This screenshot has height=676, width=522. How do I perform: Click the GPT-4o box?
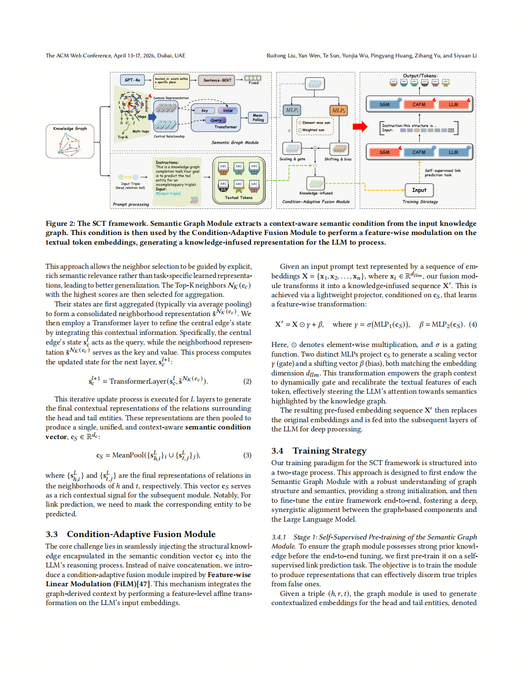(x=132, y=80)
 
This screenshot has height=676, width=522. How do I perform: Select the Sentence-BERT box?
(x=217, y=80)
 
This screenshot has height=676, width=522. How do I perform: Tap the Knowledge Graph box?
(x=70, y=141)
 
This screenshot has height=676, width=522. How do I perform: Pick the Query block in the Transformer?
(x=216, y=120)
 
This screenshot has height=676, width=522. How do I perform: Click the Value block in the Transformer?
(x=228, y=110)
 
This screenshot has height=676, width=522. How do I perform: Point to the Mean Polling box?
(x=258, y=118)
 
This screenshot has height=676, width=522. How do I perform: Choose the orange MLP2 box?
(x=338, y=110)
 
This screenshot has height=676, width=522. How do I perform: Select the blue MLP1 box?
(x=292, y=110)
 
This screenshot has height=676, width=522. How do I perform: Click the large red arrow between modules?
(x=360, y=126)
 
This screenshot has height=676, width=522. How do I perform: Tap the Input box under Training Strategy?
(x=419, y=190)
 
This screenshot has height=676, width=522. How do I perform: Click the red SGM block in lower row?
(x=384, y=152)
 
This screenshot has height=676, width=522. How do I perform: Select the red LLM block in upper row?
(x=453, y=104)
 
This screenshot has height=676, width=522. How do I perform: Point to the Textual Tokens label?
(x=239, y=197)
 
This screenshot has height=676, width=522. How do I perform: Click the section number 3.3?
(x=52, y=534)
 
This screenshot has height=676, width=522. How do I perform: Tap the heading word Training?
(x=311, y=451)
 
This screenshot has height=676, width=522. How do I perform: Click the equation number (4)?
(x=473, y=324)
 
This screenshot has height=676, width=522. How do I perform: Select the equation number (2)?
(x=247, y=381)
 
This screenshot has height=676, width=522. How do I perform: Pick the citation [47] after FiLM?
(x=144, y=584)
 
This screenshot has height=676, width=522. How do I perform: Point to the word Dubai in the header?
(x=164, y=55)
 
